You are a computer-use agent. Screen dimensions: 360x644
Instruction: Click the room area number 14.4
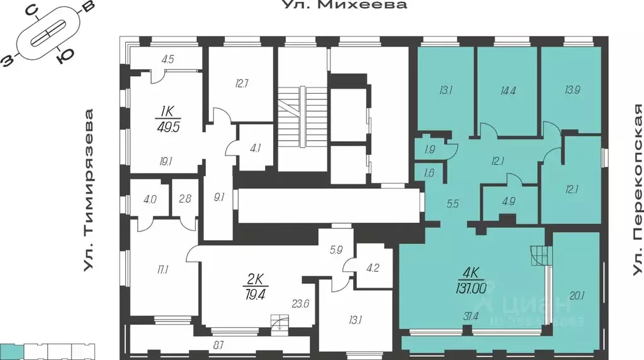[x=507, y=90]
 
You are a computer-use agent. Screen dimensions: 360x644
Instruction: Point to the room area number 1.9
[x=429, y=150]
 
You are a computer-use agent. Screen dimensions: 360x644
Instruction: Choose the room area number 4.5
[x=167, y=60]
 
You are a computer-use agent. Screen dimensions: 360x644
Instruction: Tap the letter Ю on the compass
[x=62, y=59]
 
